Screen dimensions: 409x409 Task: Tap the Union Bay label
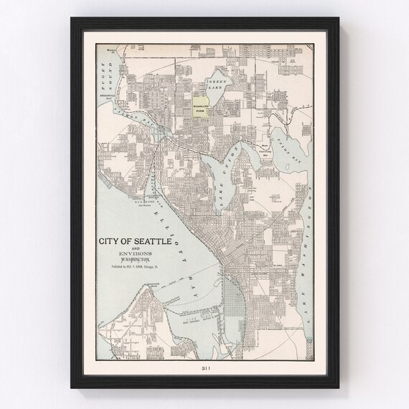click(290, 144)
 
